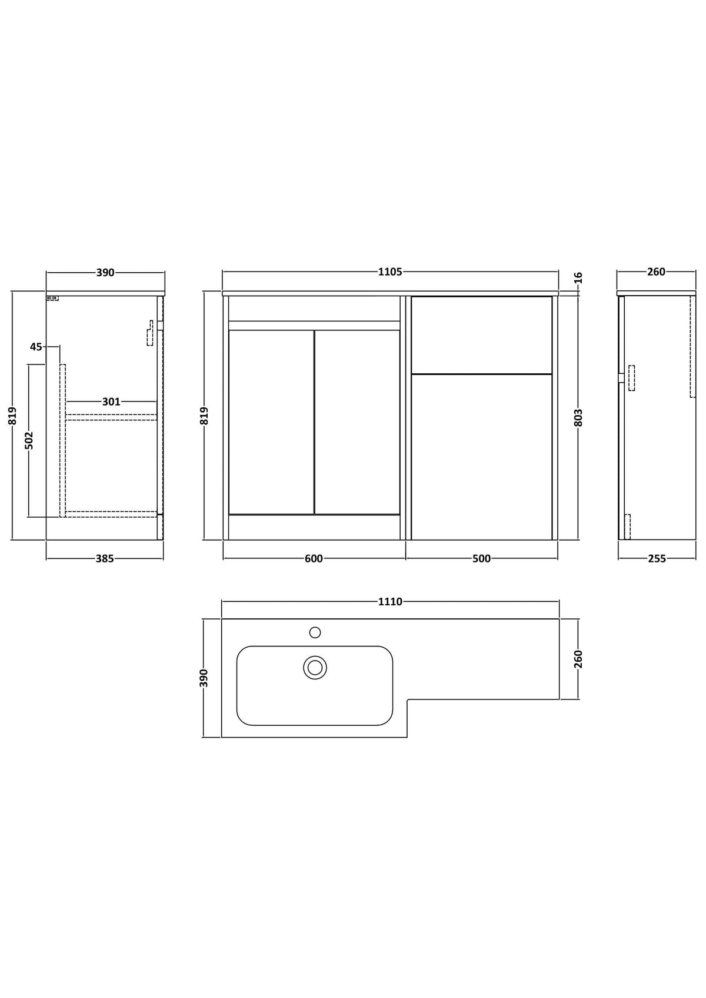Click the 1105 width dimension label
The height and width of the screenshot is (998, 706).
pos(390,272)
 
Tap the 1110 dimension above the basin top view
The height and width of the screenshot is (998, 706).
pos(390,601)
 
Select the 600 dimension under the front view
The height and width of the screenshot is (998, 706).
pos(314,558)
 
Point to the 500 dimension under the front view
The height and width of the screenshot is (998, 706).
pos(481,558)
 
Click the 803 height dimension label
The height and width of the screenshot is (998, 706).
pos(578,417)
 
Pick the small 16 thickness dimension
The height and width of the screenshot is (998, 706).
pos(578,277)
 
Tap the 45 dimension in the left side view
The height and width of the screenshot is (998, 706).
pos(36,346)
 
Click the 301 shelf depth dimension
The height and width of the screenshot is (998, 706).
pos(111,401)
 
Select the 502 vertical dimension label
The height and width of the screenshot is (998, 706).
pos(29,440)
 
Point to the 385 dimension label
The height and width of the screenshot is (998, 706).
pos(105,558)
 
